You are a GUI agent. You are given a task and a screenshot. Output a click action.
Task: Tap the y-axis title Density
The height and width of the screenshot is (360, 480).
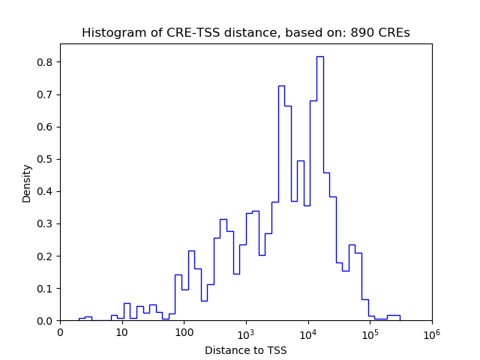[x=27, y=183]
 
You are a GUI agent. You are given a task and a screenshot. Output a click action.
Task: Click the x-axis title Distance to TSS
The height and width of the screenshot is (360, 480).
[x=246, y=350]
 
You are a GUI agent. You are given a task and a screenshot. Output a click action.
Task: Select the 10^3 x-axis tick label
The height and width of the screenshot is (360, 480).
[x=246, y=332]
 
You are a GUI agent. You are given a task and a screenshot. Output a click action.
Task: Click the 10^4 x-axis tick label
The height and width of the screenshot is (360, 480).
[x=307, y=332]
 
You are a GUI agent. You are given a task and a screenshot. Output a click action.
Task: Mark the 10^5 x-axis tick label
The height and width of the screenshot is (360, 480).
[x=370, y=332]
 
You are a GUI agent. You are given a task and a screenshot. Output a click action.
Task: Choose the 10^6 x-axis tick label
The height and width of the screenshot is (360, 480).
[x=431, y=332]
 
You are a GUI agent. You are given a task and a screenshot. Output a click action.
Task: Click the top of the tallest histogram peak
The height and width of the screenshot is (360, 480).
[x=319, y=57]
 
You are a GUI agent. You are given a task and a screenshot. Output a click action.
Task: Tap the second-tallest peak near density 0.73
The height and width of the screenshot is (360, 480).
[x=281, y=86]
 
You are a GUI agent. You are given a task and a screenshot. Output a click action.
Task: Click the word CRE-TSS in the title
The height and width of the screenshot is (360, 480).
[x=172, y=33]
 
